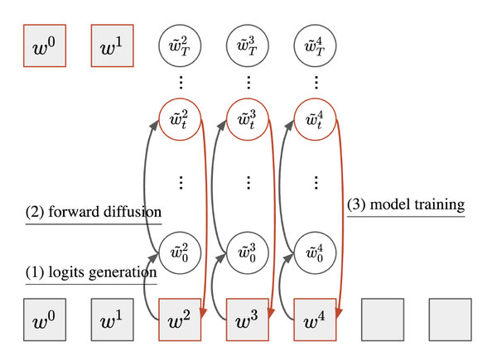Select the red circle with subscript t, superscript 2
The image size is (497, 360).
pos(180,122)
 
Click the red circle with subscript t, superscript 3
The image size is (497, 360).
pos(248,122)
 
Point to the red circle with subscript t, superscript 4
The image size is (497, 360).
pos(316,122)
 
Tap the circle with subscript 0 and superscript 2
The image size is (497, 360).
pos(180,251)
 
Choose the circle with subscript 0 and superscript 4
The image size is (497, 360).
pos(316,251)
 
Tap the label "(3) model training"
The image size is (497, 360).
pos(405,204)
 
